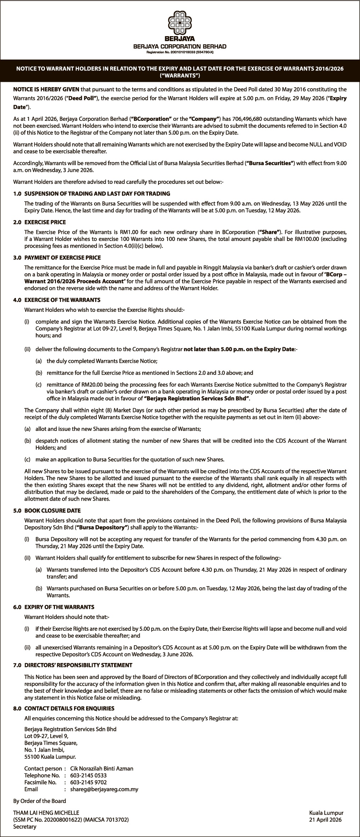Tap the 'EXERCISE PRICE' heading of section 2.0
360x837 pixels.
(45, 222)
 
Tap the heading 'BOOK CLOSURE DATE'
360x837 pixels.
(52, 511)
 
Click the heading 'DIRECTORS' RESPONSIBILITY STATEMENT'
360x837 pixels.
(78, 665)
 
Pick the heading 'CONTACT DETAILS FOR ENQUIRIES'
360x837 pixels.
(69, 708)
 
